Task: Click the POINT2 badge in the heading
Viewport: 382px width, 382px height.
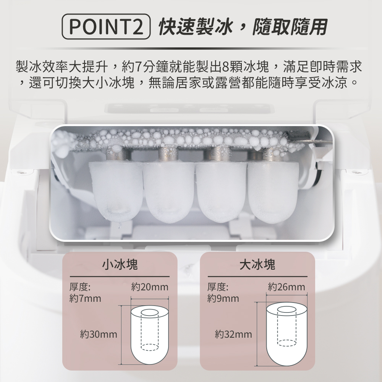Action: point(106,27)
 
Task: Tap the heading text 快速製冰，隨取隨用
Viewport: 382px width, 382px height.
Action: point(243,27)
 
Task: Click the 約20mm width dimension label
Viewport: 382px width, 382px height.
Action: point(150,287)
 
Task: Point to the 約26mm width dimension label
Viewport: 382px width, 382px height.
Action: point(286,287)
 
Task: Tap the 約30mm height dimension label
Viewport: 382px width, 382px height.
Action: point(99,334)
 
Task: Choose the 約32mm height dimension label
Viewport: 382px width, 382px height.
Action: point(233,334)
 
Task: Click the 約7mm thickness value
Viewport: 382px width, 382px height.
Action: point(85,298)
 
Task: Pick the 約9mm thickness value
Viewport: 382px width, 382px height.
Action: point(223,298)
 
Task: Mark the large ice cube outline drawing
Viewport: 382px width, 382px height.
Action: point(287,334)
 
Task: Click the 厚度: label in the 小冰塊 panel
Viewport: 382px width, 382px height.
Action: point(80,287)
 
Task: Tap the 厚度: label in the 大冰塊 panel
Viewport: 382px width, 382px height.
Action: point(218,287)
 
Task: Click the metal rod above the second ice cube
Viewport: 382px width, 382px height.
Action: point(168,154)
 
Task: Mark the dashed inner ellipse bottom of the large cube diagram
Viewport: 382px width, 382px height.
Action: point(287,343)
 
